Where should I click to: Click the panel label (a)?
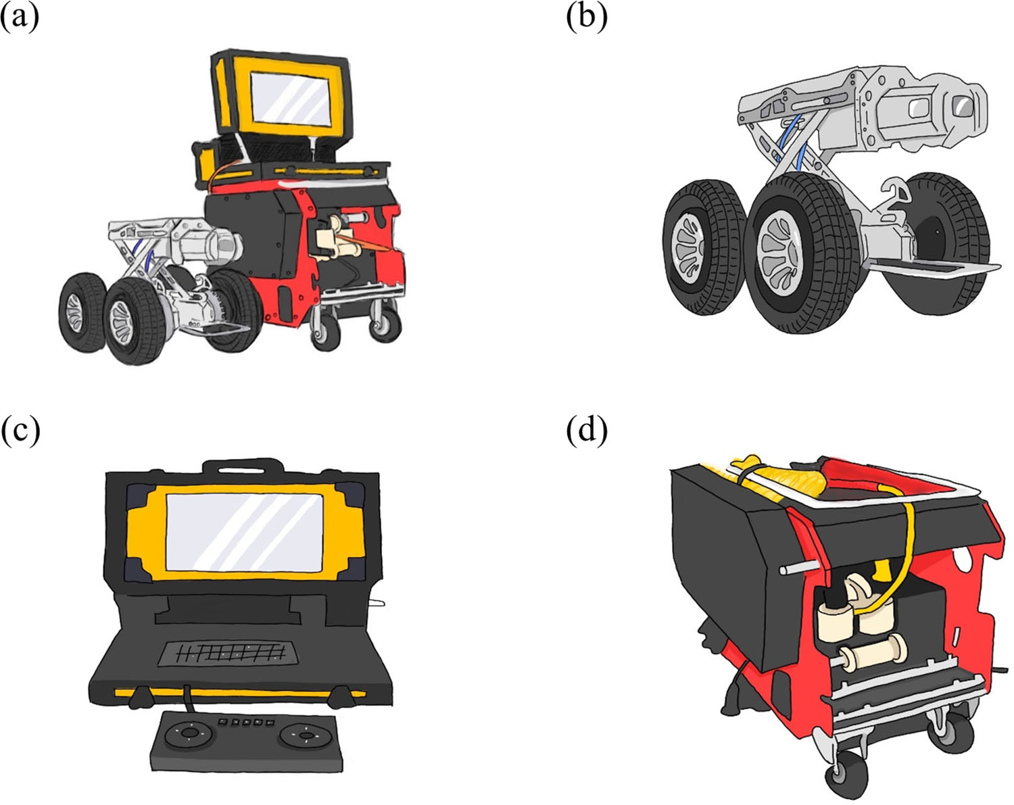point(20,16)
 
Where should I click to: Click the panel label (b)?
point(586,16)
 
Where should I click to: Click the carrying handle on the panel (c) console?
point(243,466)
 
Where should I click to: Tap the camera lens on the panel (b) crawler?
point(960,105)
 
